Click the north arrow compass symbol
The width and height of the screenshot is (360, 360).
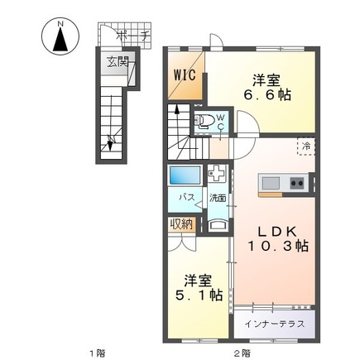coord(60,36)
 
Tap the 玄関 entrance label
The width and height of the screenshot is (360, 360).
coord(118,63)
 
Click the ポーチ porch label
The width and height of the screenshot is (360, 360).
coord(133,36)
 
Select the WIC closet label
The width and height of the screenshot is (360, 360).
coord(185,74)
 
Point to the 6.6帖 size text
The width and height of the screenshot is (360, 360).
coord(266,95)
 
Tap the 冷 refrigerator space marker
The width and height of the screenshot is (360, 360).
coord(306,146)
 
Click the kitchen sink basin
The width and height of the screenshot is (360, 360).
coord(271,182)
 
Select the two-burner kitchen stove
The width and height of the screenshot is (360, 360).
coord(297,182)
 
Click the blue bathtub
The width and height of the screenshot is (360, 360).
coord(185,175)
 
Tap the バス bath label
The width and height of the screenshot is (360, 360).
coord(187,197)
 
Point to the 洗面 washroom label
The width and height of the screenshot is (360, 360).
coord(218,198)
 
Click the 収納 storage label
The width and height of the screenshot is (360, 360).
coord(181,224)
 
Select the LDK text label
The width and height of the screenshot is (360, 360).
coord(277,232)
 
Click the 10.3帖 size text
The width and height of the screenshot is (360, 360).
coord(278,246)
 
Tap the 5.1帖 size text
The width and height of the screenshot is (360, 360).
coord(199,295)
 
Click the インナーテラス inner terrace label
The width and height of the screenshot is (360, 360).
coord(275,324)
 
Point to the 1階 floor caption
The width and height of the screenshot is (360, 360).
coord(98,353)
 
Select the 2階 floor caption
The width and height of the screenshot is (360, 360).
coord(242,353)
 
